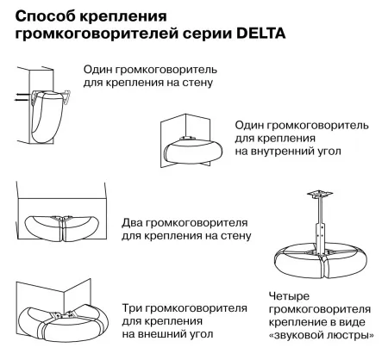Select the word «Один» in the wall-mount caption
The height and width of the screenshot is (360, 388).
click(x=101, y=68)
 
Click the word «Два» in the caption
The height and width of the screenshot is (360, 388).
click(x=134, y=220)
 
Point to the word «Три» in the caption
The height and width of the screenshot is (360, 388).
click(x=133, y=307)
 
